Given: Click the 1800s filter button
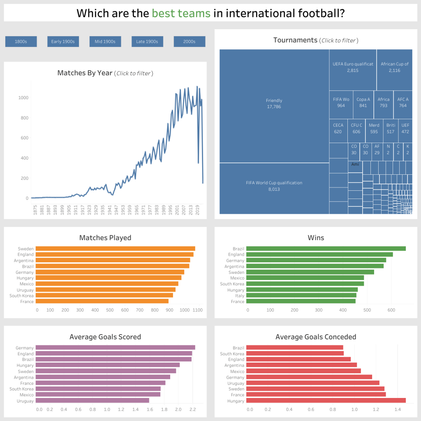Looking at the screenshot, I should click(x=21, y=42).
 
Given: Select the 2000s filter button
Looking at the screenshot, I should click(x=189, y=42).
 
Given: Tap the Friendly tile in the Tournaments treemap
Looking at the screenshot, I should click(x=274, y=104).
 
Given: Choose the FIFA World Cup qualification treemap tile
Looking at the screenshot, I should click(x=274, y=186).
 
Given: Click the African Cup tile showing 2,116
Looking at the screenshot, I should click(x=394, y=67).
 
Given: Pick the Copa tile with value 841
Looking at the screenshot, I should click(x=363, y=102).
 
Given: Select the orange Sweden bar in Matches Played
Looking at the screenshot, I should click(x=115, y=249).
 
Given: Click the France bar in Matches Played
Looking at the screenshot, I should click(x=102, y=301).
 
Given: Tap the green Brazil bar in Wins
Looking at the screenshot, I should click(x=326, y=249).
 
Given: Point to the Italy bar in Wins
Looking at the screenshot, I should click(x=301, y=296).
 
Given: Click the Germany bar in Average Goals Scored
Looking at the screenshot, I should click(x=115, y=348).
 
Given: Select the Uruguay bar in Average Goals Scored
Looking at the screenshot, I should click(x=92, y=401).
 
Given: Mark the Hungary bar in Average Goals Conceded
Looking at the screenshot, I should click(x=326, y=401).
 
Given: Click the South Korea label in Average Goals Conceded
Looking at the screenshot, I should click(x=232, y=354).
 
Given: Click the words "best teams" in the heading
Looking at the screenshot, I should click(x=181, y=13).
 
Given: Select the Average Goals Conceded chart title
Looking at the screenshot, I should click(x=316, y=337).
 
